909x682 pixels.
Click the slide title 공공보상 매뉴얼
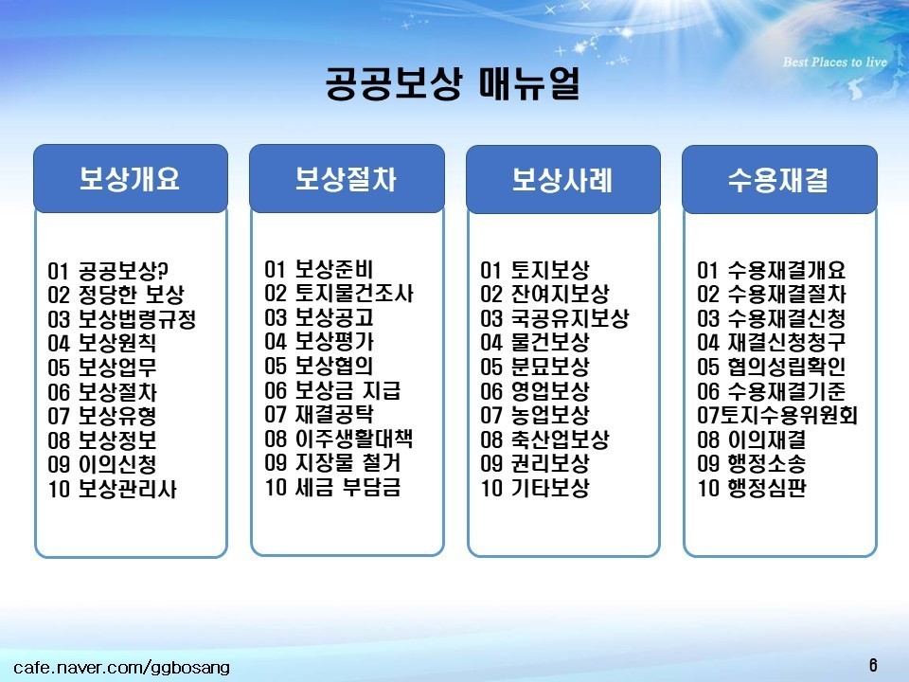pyautogui.click(x=453, y=84)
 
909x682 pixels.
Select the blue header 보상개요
pyautogui.click(x=131, y=179)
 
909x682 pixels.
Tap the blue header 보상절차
pyautogui.click(x=347, y=179)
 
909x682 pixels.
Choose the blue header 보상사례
pyautogui.click(x=562, y=179)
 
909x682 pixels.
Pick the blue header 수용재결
pyautogui.click(x=779, y=179)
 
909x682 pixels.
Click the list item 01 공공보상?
pyautogui.click(x=108, y=271)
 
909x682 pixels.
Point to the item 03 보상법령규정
pyautogui.click(x=122, y=319)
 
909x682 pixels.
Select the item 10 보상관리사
pyautogui.click(x=112, y=489)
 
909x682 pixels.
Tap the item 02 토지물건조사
pyautogui.click(x=339, y=293)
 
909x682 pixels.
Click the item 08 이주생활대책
pyautogui.click(x=339, y=439)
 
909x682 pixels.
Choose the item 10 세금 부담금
pyautogui.click(x=332, y=487)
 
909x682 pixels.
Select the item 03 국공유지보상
pyautogui.click(x=555, y=318)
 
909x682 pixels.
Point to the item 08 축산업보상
pyautogui.click(x=545, y=439)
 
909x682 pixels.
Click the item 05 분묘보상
pyautogui.click(x=535, y=367)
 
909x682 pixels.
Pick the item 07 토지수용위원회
pyautogui.click(x=777, y=415)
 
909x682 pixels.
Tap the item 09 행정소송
pyautogui.click(x=752, y=463)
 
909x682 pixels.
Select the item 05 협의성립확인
pyautogui.click(x=772, y=367)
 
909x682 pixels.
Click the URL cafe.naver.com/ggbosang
pyautogui.click(x=122, y=668)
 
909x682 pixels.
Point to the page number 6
pyautogui.click(x=873, y=665)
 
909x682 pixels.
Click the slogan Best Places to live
pyautogui.click(x=835, y=63)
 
